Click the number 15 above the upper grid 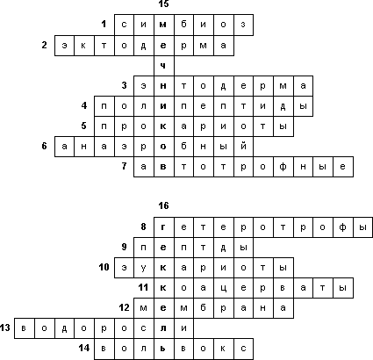coord(164,4)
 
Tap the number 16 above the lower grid coord(164,205)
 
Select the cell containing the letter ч coord(164,66)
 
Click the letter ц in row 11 coord(223,288)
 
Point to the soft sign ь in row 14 coord(163,349)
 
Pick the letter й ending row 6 coord(243,146)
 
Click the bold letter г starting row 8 coord(163,227)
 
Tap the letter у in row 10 coord(143,268)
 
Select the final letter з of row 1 coord(243,25)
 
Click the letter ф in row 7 coord(283,167)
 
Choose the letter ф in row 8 coord(343,227)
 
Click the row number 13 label coord(5,328)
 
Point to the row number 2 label coord(44,45)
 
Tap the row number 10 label coord(104,267)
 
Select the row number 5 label coord(84,126)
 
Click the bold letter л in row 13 coord(163,328)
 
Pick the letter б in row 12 coord(204,307)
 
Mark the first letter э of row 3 coord(144,86)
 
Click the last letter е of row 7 coord(343,167)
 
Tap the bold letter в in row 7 coord(163,167)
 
